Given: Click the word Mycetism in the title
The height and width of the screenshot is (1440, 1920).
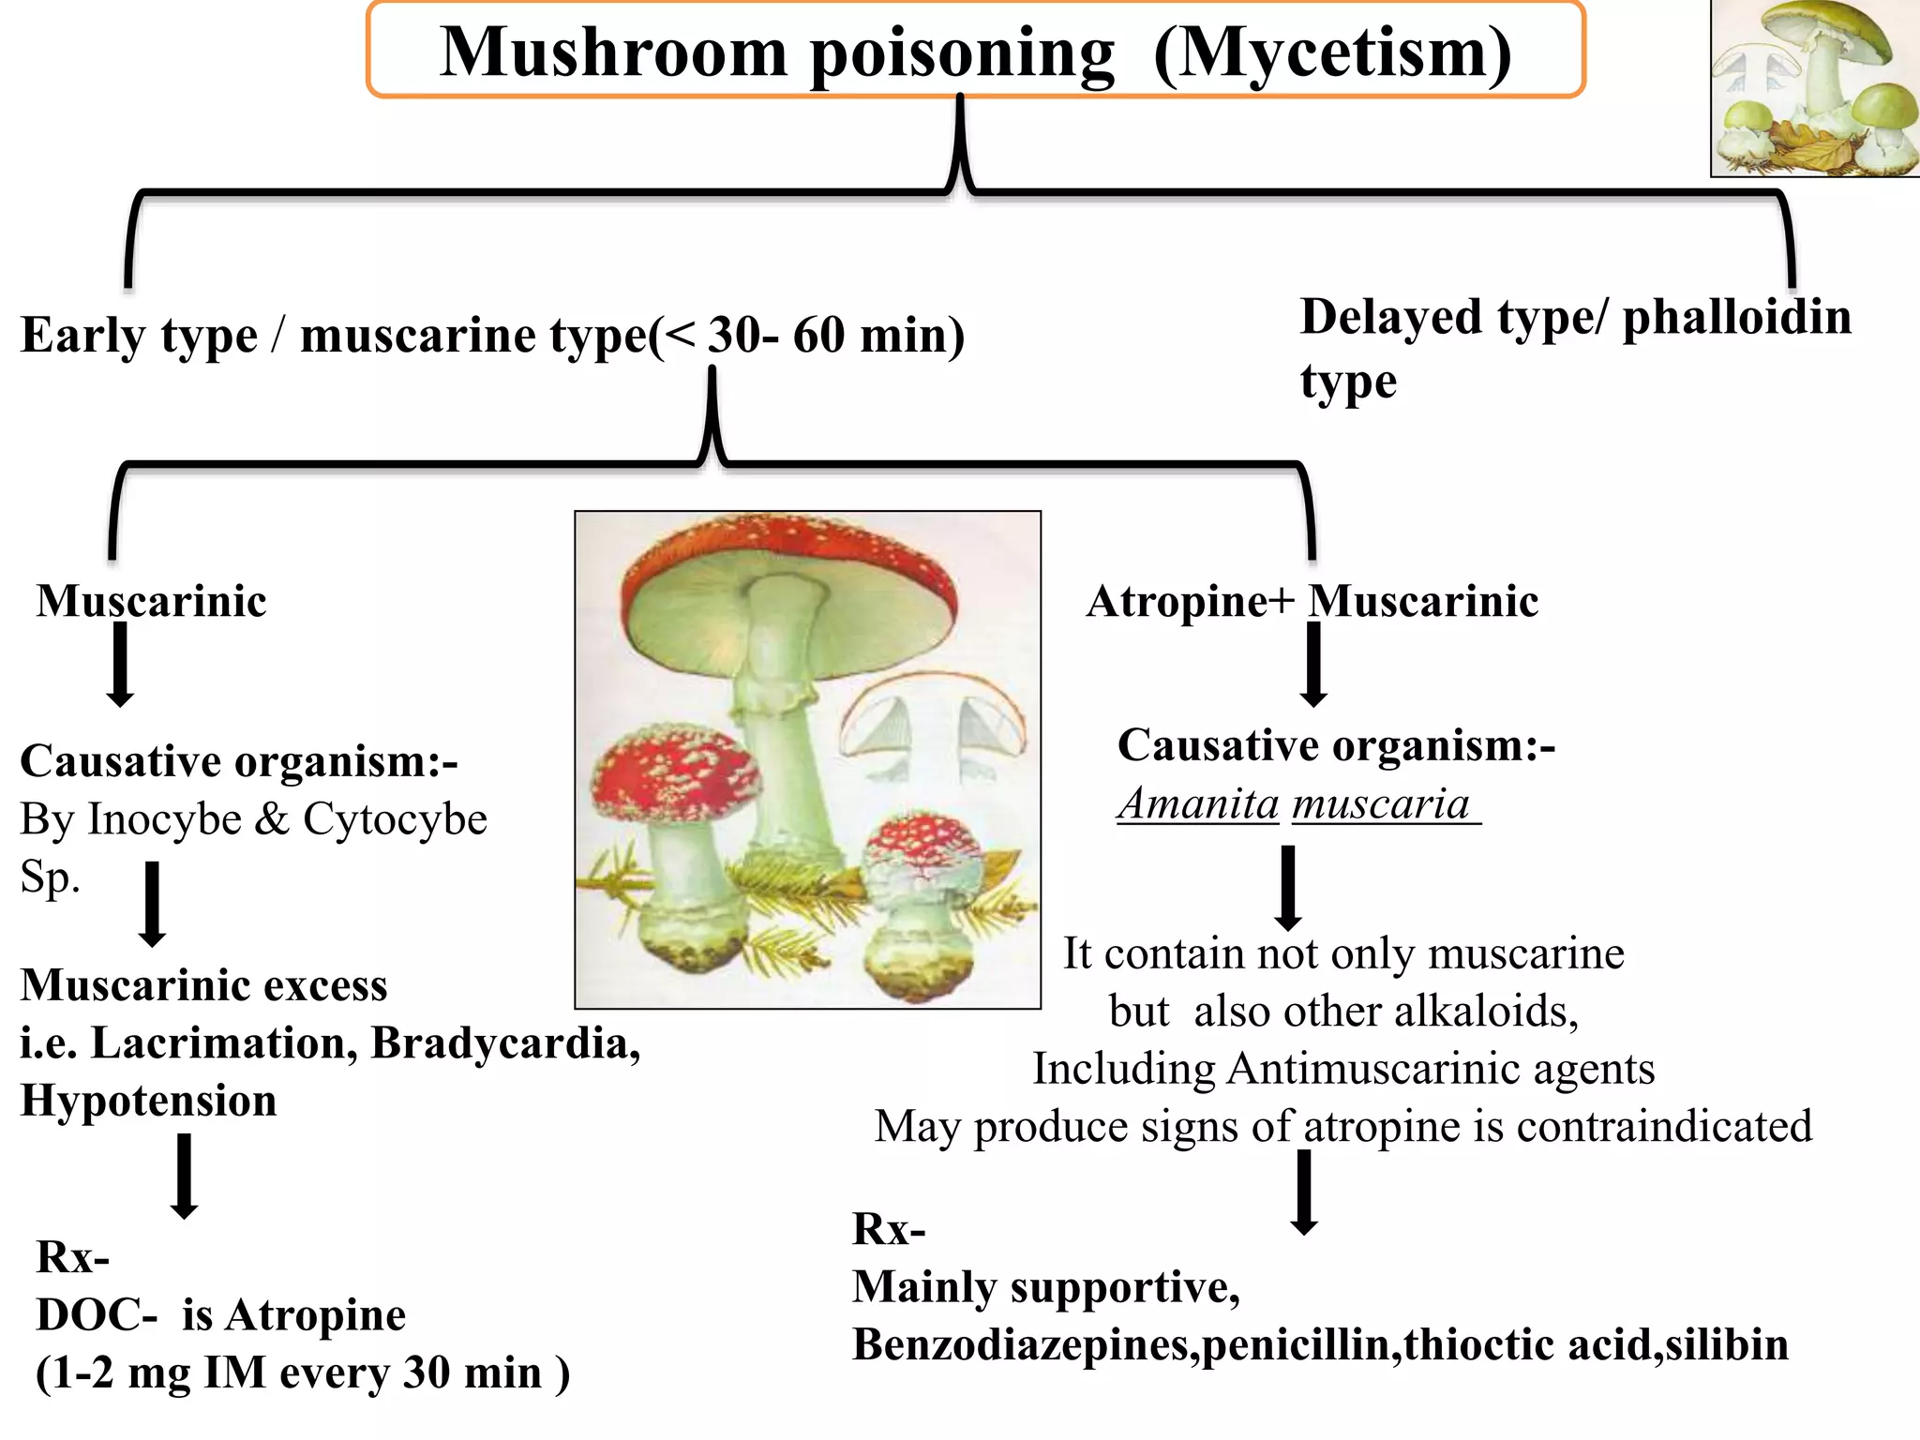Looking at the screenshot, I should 1332,52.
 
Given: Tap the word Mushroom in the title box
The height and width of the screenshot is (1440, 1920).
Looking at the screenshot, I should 613,52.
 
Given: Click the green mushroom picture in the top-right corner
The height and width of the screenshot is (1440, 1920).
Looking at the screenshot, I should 1814,88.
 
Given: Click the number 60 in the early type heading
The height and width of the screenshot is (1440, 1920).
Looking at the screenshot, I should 820,336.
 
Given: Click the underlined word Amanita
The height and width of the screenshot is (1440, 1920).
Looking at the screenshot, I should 1199,804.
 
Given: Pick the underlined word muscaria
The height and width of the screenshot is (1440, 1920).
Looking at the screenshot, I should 1381,804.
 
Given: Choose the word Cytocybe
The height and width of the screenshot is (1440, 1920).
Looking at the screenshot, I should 395,819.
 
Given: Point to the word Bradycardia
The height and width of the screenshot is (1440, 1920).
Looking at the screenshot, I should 505,1043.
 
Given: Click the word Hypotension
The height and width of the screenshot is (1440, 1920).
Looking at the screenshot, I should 148,1101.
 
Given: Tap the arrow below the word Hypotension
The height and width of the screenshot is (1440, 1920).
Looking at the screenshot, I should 185,1176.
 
